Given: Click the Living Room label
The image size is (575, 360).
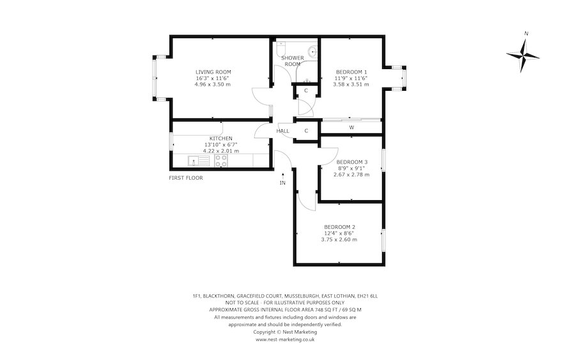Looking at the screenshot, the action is (x=213, y=72).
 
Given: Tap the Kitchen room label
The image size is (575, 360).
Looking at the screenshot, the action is (x=221, y=138).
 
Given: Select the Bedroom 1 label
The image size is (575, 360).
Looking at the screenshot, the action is (x=351, y=72).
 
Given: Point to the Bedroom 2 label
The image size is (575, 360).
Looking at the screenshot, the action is (x=340, y=227).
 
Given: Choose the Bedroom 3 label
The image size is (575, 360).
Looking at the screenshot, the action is (x=352, y=162).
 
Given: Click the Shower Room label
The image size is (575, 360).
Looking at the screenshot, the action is (x=292, y=61).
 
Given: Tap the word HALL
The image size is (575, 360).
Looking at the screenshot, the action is (x=283, y=131).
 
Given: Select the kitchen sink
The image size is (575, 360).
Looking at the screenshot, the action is (x=199, y=160).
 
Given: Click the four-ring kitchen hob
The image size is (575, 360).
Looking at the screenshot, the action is (x=221, y=160).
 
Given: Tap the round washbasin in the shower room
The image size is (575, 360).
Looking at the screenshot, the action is (x=312, y=52).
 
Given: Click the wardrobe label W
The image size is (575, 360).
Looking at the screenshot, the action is (x=351, y=128).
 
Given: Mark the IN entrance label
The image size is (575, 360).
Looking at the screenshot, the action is (x=283, y=183).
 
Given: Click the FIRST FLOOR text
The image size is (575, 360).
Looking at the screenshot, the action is (x=186, y=178).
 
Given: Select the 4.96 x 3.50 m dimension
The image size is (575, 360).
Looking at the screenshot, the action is (x=213, y=84).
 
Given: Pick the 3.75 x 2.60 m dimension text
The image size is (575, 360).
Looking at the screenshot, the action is (x=339, y=240).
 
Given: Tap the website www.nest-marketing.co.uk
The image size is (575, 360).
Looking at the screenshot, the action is (x=285, y=340).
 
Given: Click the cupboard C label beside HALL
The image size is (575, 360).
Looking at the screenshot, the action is (x=306, y=131).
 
